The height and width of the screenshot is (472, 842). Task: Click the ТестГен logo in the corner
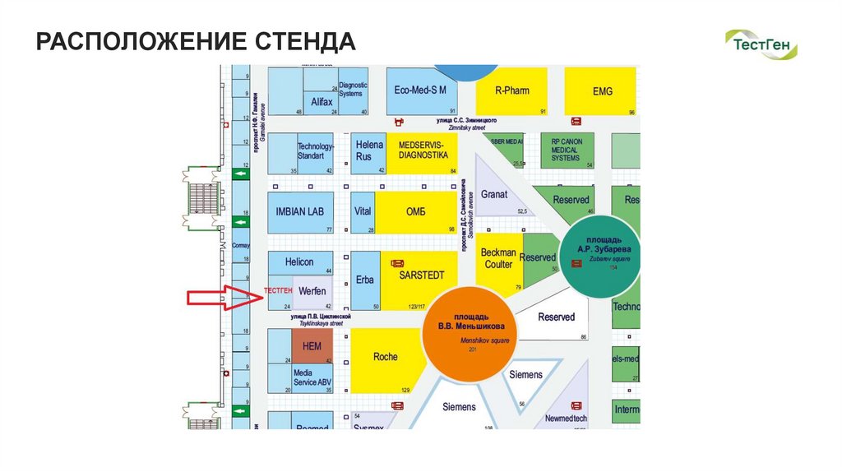click(761, 44)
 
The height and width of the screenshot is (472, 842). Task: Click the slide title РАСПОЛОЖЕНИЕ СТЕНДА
click(196, 42)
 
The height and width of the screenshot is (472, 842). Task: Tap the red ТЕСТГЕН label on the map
click(277, 290)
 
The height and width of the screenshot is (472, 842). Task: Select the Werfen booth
click(312, 292)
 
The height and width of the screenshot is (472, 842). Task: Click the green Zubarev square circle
click(602, 255)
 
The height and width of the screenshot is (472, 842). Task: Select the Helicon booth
click(300, 262)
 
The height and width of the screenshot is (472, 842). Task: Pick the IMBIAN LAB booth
click(300, 212)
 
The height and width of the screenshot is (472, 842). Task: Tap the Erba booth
click(365, 280)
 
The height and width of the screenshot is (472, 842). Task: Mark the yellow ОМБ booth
click(416, 212)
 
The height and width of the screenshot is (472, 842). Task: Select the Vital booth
click(363, 212)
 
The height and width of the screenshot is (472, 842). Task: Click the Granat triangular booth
click(497, 196)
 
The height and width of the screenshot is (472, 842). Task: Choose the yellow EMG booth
click(603, 90)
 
